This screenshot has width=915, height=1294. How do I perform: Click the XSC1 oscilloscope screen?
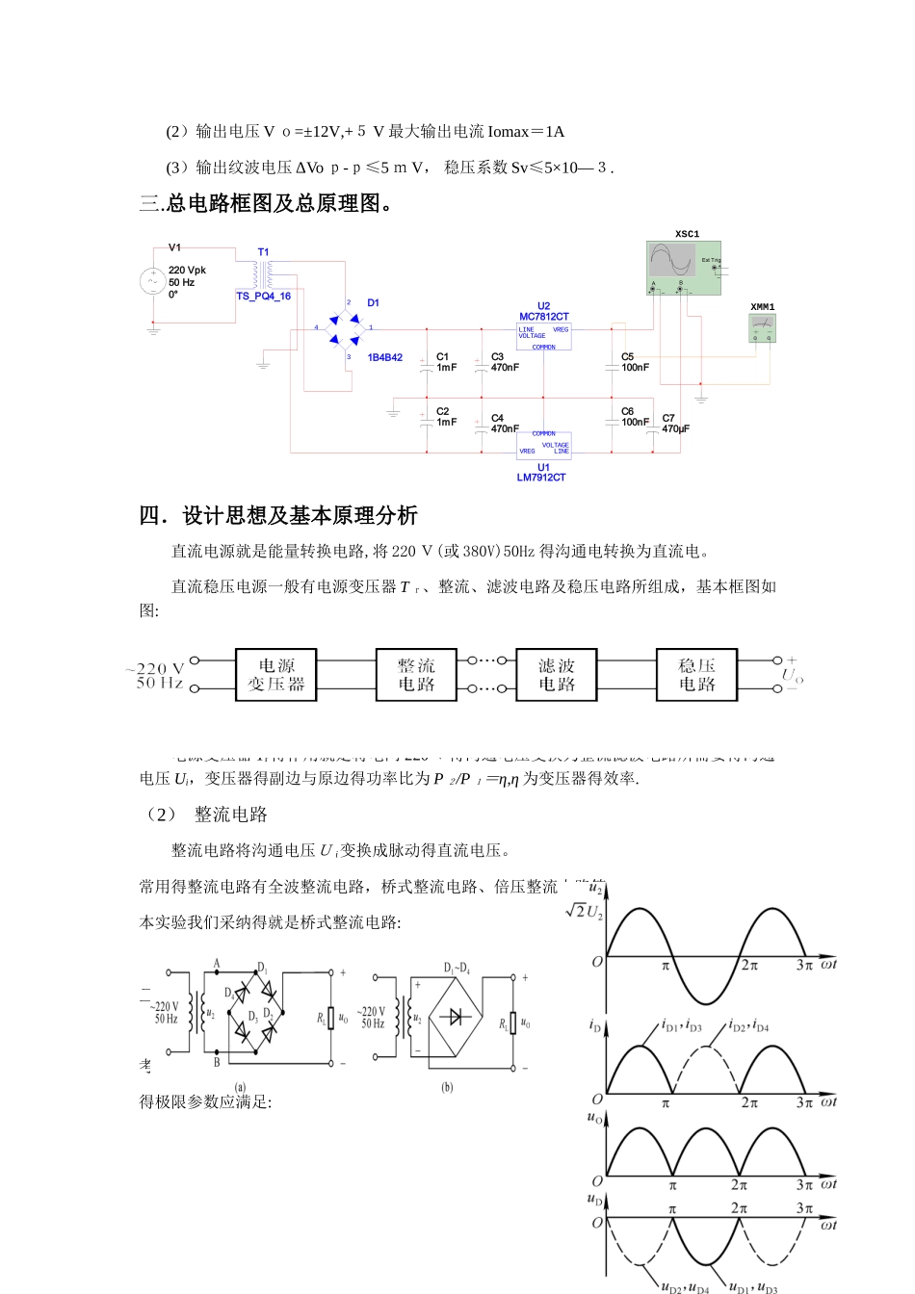[672, 261]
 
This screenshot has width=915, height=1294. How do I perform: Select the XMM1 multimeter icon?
[762, 327]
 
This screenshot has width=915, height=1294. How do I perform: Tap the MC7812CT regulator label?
[544, 316]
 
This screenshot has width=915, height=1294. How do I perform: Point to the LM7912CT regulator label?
[541, 478]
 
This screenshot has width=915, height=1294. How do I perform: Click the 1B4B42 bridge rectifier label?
[385, 358]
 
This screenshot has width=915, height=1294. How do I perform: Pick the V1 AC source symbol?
[152, 281]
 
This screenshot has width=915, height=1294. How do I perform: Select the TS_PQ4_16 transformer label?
[264, 297]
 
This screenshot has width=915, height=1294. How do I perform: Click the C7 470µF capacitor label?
[675, 425]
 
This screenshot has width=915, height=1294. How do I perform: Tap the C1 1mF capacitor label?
[447, 362]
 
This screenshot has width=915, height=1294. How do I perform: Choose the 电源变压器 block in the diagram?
[276, 675]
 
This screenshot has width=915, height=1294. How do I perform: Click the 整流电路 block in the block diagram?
[416, 675]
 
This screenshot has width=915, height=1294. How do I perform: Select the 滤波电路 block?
[557, 675]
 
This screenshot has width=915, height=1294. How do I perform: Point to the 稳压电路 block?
[696, 675]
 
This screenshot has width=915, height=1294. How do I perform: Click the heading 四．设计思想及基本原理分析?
[278, 516]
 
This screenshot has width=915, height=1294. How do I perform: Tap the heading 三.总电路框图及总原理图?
[267, 203]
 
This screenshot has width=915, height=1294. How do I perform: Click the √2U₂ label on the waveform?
[584, 911]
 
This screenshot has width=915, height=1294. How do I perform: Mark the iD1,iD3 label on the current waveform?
[682, 1026]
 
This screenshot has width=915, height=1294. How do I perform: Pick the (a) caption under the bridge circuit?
[240, 1087]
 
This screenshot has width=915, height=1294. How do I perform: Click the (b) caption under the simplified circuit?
[447, 1087]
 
